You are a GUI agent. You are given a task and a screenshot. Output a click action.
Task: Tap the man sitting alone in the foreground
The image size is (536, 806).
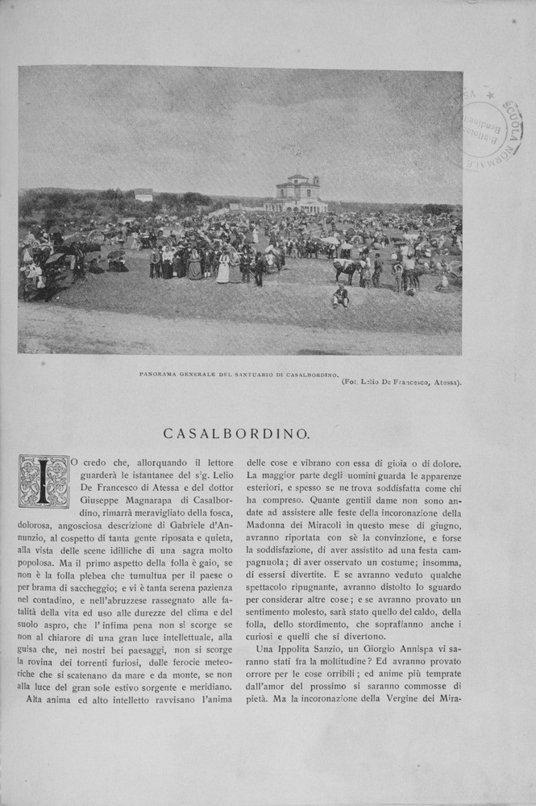point(341,297)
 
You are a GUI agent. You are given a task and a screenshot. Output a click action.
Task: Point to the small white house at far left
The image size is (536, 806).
point(143,194)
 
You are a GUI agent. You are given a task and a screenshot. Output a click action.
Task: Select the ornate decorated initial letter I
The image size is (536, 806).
point(44,481)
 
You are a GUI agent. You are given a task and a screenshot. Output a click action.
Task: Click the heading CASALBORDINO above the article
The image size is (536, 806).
point(236,434)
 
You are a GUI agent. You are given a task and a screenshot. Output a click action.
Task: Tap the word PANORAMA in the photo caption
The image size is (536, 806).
point(160,375)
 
